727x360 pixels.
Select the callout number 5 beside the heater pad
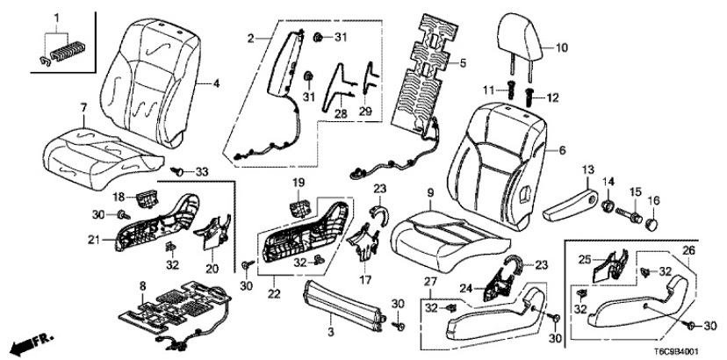[x=464, y=62]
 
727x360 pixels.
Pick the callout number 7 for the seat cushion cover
[x=83, y=108]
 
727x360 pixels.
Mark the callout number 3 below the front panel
[x=332, y=332]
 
